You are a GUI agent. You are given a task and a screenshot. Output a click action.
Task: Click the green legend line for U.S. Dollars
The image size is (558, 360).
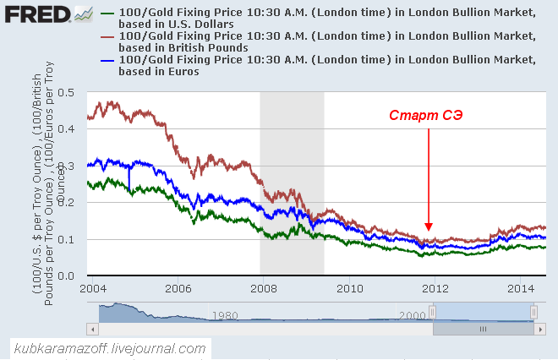coord(107,14)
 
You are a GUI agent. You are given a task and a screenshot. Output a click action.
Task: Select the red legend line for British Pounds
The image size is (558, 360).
coord(107,37)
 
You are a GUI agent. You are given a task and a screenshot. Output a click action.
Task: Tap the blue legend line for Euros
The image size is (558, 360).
coord(107,60)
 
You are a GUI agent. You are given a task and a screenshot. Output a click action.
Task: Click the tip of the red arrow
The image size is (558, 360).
coord(429,229)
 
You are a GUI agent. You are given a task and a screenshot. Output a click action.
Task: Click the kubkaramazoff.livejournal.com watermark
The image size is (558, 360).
coord(109,348)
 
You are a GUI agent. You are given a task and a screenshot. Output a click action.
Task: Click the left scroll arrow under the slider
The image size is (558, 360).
coord(93,329)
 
